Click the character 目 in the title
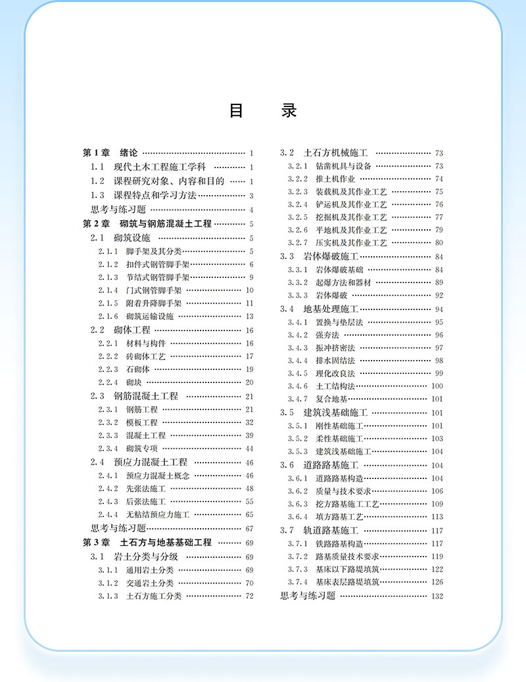tap(237, 111)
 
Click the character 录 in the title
tap(289, 111)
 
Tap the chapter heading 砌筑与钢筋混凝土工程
tap(166, 224)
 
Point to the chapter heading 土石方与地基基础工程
tap(166, 543)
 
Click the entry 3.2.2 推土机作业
tap(322, 179)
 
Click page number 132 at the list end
tap(437, 597)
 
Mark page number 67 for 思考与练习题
tap(249, 529)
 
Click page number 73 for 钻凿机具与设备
tap(439, 166)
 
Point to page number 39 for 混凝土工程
tap(249, 436)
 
